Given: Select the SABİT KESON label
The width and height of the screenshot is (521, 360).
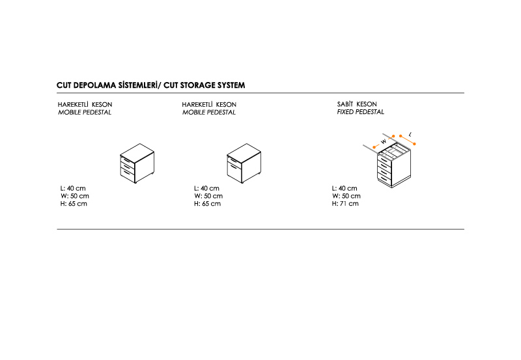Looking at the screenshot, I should pyautogui.click(x=357, y=104).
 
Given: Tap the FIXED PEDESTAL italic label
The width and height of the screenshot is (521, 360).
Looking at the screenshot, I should pyautogui.click(x=360, y=112).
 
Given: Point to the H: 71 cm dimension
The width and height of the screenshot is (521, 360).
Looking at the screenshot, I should pyautogui.click(x=345, y=204).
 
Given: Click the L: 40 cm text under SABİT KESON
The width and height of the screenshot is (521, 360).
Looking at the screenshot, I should pyautogui.click(x=345, y=188).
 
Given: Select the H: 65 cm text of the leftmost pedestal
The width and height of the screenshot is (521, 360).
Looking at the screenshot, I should pyautogui.click(x=74, y=204).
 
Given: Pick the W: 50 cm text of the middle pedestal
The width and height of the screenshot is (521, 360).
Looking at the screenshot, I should pyautogui.click(x=208, y=196).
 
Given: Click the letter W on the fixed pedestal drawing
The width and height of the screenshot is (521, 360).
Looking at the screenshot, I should pyautogui.click(x=384, y=141).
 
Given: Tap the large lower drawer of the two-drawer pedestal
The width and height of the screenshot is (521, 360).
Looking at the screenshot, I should pyautogui.click(x=234, y=171).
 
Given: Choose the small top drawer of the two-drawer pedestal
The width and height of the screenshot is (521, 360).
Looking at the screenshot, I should pyautogui.click(x=234, y=160).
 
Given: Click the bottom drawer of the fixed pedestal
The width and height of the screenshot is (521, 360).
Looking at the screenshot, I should pyautogui.click(x=384, y=178).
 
